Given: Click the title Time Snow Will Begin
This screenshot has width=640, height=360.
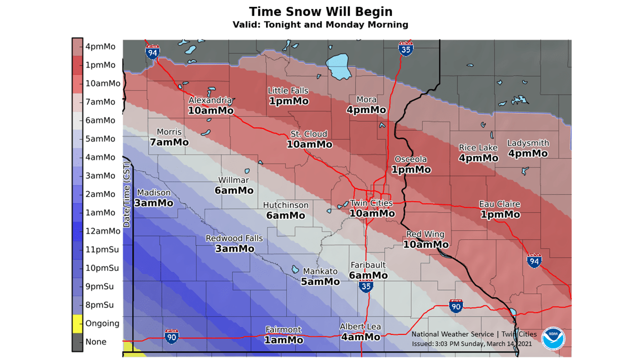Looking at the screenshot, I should click(x=320, y=11).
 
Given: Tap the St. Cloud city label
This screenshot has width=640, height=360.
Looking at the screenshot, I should click(x=309, y=134).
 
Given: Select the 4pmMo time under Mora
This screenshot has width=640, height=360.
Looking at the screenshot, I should click(x=367, y=110).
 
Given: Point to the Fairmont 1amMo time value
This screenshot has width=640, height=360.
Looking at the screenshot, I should click(x=284, y=340).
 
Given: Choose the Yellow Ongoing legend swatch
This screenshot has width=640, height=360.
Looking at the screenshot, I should click(x=77, y=323).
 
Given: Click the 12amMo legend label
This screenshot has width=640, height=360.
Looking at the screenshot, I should click(x=102, y=231).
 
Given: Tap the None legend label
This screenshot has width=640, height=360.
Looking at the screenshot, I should click(x=96, y=342).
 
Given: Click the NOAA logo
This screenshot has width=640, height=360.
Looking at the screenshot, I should click(x=553, y=338).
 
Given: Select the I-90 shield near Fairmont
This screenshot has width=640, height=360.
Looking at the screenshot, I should click(x=171, y=336).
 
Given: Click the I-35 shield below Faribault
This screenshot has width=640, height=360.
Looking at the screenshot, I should click(x=365, y=286).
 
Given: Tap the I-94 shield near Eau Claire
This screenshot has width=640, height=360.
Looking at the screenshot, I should click(x=534, y=260).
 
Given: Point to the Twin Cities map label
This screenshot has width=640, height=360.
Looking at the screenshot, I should click(x=371, y=203).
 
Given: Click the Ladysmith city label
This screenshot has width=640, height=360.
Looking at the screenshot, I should click(x=528, y=143).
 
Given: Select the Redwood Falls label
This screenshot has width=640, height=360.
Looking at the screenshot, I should click(x=234, y=238).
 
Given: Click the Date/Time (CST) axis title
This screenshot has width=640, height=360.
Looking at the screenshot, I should click(x=126, y=198).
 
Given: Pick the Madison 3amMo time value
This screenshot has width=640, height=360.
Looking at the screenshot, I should click(x=153, y=203).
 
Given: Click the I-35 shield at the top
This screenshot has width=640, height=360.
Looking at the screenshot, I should click(x=405, y=48).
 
